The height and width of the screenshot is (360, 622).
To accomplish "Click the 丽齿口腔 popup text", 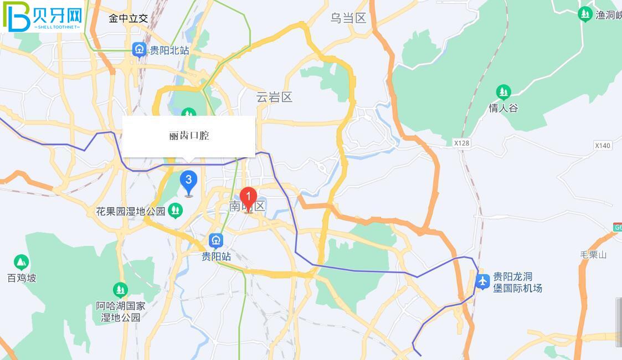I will point(189,136).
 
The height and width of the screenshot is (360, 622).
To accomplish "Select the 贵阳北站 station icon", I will point(140,50).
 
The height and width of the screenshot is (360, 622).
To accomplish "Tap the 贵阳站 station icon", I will point(216,240).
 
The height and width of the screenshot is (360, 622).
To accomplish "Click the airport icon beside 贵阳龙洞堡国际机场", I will point(482,281).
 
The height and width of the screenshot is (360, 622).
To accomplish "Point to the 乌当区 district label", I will point(348,18).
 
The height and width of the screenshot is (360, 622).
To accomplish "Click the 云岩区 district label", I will point(274,97).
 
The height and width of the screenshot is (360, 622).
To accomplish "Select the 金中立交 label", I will point(128,18).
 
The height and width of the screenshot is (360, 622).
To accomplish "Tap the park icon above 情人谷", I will point(503,91).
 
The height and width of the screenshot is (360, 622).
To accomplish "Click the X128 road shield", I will point(461,143).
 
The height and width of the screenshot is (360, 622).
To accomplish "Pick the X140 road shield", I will point(602,146).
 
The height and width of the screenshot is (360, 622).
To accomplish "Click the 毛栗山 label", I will point(593,255).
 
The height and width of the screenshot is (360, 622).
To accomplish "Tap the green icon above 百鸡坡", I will point(22,262).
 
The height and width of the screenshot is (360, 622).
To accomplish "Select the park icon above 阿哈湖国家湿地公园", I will point(120,290).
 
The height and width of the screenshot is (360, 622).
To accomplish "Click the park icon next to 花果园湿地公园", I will point(176,210).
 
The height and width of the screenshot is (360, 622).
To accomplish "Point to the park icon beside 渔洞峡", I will point(585,14).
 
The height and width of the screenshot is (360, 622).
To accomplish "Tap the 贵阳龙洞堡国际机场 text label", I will point(517,282).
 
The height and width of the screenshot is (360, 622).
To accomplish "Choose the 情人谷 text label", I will point(503,108).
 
